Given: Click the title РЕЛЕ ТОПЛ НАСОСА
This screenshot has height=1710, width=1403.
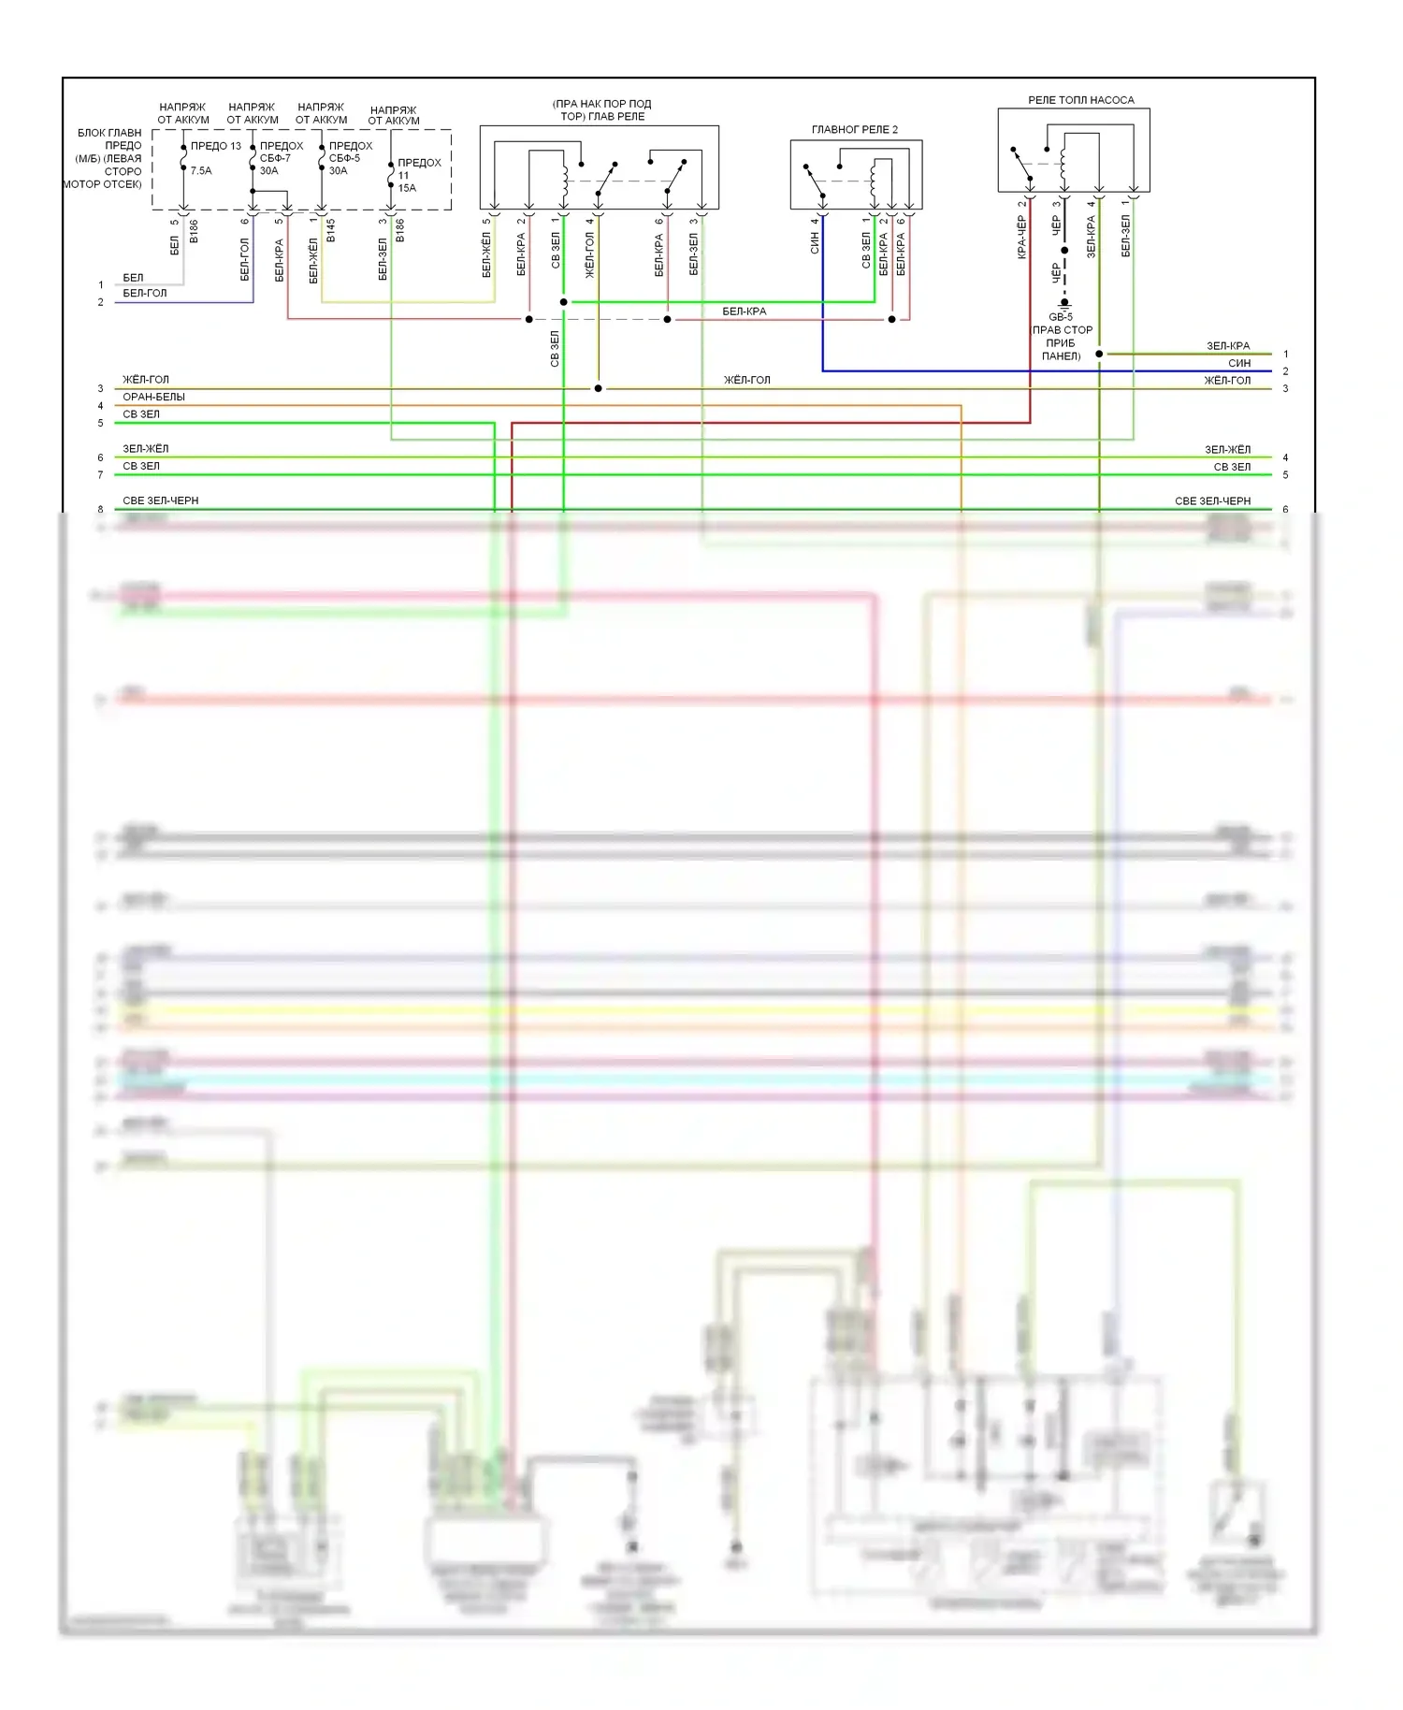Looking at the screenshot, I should [x=1080, y=100].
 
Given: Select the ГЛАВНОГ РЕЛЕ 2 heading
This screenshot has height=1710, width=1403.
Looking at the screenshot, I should [x=854, y=130].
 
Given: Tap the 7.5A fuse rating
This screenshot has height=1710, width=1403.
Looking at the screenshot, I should [x=201, y=171].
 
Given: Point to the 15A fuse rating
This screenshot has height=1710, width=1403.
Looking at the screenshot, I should [x=407, y=188].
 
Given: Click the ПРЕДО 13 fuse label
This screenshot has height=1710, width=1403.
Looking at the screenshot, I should [x=215, y=146].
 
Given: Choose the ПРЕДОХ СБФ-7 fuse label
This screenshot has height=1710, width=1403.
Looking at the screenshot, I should [x=281, y=152].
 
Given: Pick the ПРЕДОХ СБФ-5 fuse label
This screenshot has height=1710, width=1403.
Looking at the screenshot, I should [x=350, y=152].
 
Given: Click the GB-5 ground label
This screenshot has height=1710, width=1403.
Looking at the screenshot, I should [x=1061, y=317].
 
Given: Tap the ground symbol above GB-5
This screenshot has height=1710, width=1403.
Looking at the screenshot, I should [x=1064, y=304].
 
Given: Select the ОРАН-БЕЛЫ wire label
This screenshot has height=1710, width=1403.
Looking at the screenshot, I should [x=153, y=397].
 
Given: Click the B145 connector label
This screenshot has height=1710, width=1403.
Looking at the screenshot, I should [x=330, y=231].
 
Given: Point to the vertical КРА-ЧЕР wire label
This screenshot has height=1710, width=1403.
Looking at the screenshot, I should [x=1021, y=238].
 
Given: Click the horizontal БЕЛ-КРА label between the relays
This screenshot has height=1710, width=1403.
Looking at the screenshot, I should [x=744, y=312].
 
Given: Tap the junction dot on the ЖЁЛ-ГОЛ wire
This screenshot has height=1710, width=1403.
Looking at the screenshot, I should [x=599, y=388].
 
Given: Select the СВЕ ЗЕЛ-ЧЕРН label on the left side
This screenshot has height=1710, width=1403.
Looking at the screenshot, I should [x=160, y=500].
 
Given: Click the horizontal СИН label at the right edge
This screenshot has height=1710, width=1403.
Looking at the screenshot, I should [x=1239, y=363].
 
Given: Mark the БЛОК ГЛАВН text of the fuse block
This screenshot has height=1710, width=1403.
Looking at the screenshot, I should [x=109, y=133].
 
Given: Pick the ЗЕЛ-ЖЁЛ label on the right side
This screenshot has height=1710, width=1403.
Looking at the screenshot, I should [x=1227, y=450].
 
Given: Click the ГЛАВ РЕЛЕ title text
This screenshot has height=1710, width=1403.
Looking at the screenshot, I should [x=602, y=117].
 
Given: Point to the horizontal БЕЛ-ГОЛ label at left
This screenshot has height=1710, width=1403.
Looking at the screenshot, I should [x=144, y=293].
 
